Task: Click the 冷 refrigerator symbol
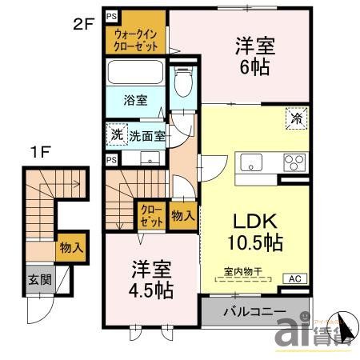pyautogui.click(x=296, y=118)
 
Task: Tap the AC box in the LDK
pyautogui.click(x=294, y=278)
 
